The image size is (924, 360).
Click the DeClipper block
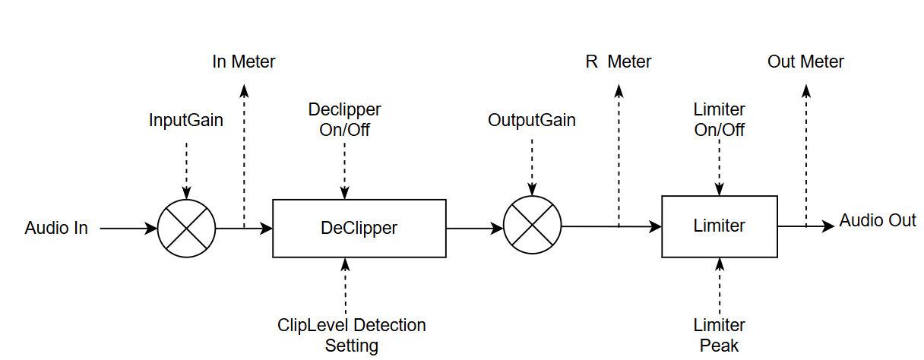point(359,228)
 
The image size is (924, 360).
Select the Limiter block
point(720,226)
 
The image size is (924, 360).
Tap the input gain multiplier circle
point(186,228)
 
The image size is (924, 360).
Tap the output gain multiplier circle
point(532,226)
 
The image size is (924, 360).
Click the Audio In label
point(56,228)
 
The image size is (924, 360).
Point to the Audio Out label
point(877,220)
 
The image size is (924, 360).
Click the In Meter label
point(244,62)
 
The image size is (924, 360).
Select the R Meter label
point(618,62)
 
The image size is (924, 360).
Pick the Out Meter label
point(805,62)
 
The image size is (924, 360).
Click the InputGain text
point(186,120)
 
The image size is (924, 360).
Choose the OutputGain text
point(532,120)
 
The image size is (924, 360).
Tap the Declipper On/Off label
point(344,119)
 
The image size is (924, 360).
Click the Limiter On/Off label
point(720,119)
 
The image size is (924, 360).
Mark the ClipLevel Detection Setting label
point(352,335)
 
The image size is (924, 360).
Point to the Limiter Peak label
point(720,335)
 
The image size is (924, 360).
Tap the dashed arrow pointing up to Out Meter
point(806,152)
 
